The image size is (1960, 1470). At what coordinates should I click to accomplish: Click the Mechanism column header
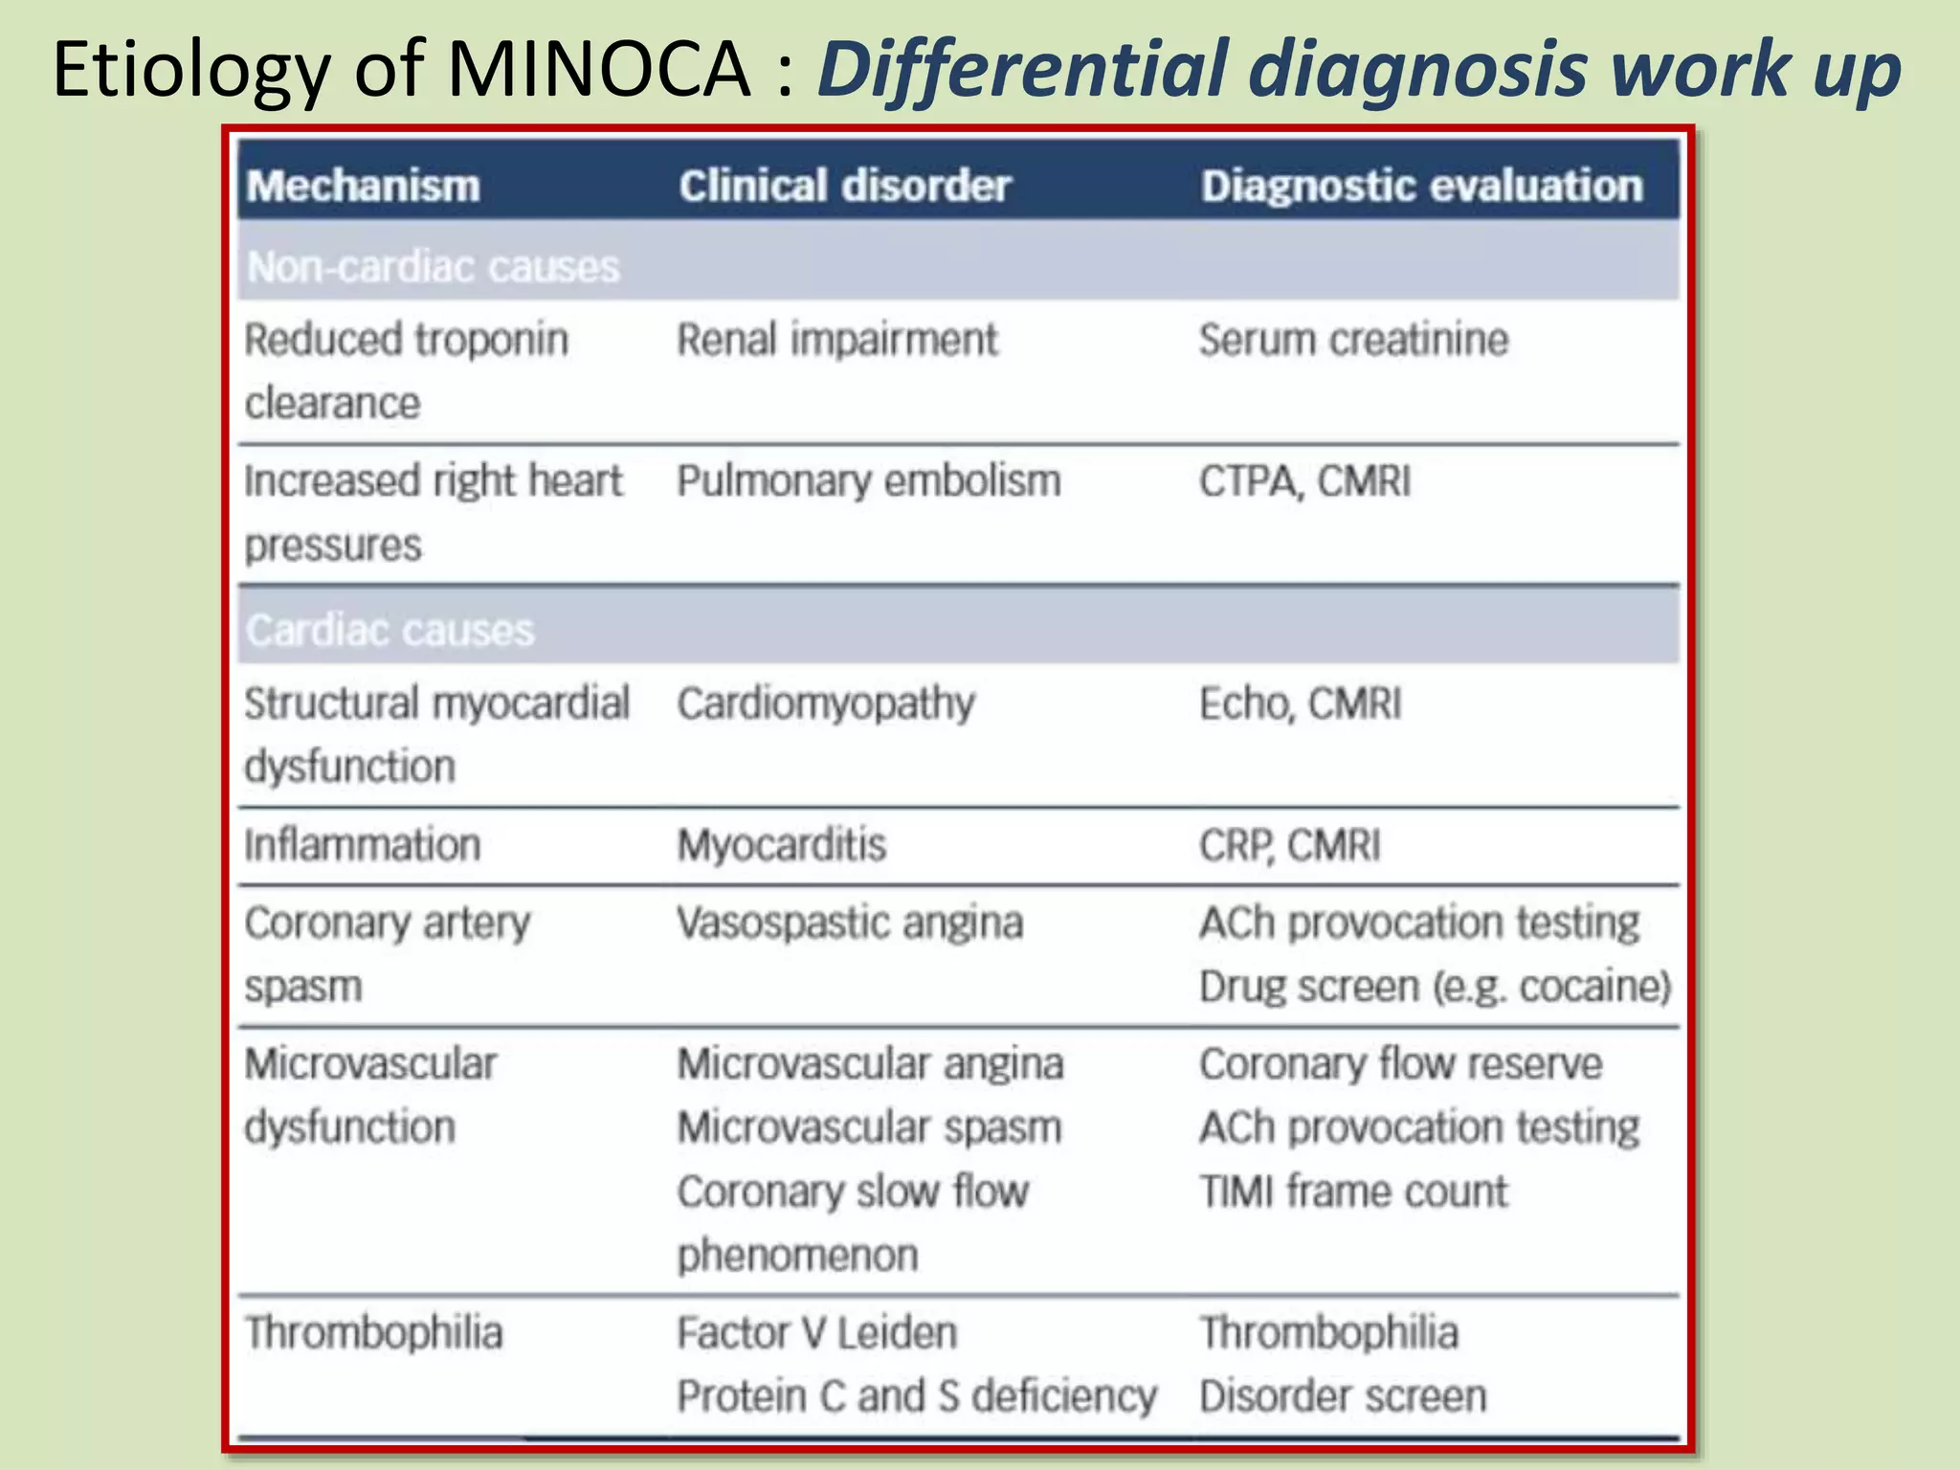(363, 186)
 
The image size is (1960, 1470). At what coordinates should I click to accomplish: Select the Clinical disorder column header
(844, 186)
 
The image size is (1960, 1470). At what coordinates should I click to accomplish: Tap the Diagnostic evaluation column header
(1421, 186)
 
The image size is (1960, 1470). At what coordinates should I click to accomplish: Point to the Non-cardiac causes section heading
(434, 267)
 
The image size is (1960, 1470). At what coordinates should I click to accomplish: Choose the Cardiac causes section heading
(390, 631)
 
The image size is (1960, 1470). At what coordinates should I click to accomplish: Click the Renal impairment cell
(836, 340)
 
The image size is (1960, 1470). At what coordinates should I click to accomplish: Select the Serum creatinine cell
(1353, 340)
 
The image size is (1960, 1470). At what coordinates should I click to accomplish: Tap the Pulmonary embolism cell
(869, 480)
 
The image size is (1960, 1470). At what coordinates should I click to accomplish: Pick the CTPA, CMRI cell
(1304, 480)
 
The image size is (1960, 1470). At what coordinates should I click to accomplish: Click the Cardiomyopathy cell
(826, 704)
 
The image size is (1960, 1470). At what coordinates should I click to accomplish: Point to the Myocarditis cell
(782, 845)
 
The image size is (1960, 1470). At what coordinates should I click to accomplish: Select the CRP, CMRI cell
(1290, 845)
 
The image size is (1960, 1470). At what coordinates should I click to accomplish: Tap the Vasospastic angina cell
(850, 924)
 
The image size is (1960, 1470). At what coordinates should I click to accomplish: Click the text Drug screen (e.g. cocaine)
(1435, 987)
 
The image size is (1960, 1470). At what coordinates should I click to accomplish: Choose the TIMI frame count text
(1353, 1192)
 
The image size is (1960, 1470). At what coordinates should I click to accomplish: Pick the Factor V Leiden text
(816, 1332)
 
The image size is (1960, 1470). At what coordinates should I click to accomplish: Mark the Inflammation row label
(362, 845)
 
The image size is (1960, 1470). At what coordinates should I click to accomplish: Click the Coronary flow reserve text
(1400, 1064)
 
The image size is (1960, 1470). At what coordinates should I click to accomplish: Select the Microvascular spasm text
(869, 1127)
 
